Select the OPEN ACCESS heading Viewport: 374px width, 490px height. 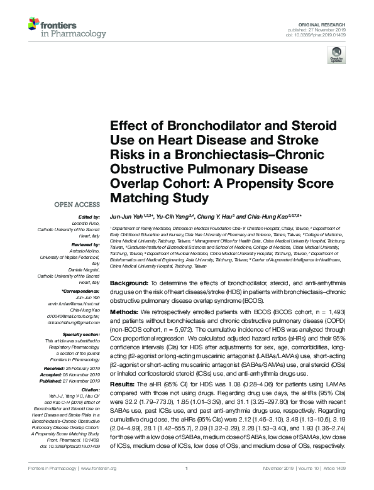(x=77, y=205)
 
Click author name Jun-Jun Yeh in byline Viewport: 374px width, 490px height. (x=128, y=216)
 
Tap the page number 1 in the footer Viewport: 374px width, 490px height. (x=187, y=485)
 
